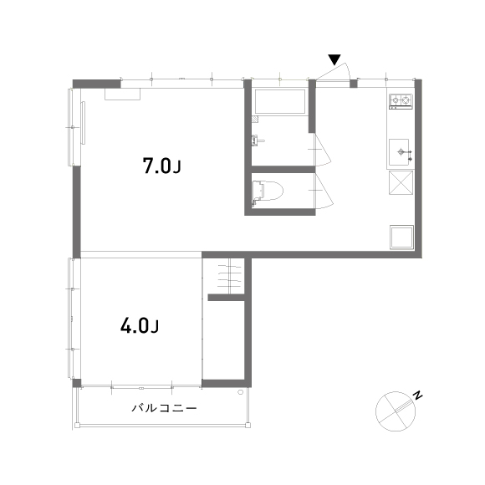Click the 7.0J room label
[x=161, y=166]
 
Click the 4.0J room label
[x=139, y=326]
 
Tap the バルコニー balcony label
[x=164, y=408]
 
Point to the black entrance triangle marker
[x=334, y=59]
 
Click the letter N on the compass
[x=418, y=396]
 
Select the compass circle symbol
[x=396, y=411]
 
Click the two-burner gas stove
[x=401, y=101]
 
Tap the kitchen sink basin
[x=399, y=152]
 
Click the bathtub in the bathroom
[x=280, y=102]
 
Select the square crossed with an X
[x=401, y=182]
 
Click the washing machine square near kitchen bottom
[x=401, y=237]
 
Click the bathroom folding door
[x=323, y=150]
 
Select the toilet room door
[x=324, y=191]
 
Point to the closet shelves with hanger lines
[x=229, y=275]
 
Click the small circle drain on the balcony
[x=240, y=392]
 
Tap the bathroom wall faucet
[x=258, y=140]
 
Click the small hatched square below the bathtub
[x=255, y=120]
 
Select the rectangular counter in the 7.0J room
[x=122, y=94]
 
